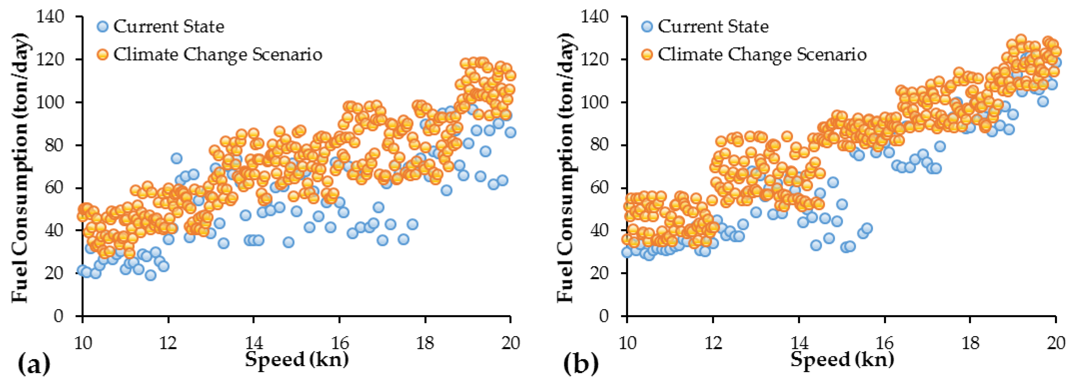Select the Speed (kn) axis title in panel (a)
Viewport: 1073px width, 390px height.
click(x=297, y=359)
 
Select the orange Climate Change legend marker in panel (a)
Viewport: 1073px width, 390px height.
click(x=102, y=54)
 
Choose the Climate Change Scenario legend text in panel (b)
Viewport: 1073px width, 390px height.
click(x=762, y=54)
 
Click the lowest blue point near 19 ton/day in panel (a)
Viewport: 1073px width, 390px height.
click(x=150, y=275)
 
